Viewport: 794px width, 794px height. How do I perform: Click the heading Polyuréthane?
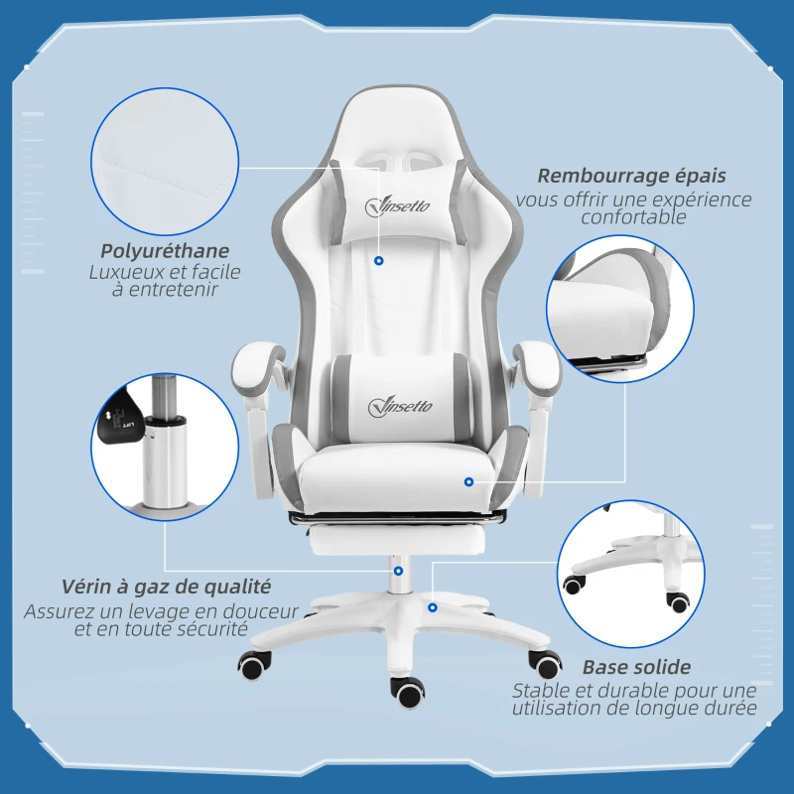pos(165,251)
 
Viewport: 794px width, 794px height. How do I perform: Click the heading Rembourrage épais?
pos(631,176)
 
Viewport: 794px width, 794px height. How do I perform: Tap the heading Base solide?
pos(636,667)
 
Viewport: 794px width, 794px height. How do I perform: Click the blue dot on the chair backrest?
pos(379,261)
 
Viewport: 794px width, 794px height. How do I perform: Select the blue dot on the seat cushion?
pos(468,481)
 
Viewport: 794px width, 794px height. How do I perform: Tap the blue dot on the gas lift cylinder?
pos(398,571)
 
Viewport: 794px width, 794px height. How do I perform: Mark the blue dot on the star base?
pos(433,606)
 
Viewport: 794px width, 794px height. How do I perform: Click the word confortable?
pos(633,217)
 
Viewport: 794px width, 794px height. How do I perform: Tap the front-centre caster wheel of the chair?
pos(408,691)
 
